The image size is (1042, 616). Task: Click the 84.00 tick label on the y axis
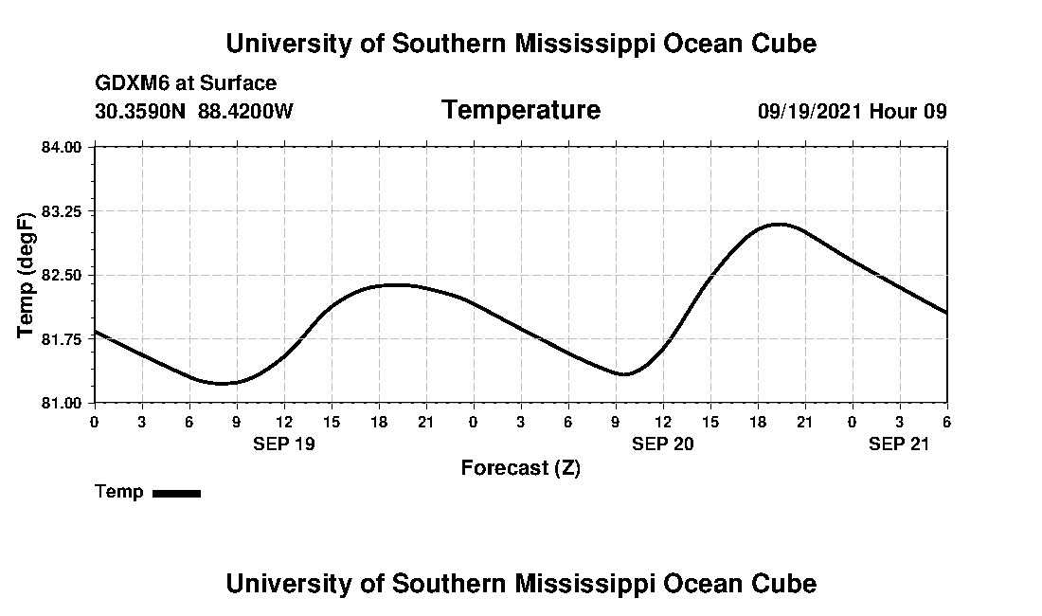63,147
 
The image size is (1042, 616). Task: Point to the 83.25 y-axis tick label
63,210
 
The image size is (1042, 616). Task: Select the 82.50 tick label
63,275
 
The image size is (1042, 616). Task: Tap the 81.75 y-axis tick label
63,338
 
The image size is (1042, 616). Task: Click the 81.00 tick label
63,403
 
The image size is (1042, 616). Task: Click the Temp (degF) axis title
27,275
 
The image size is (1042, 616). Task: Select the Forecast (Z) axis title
520,467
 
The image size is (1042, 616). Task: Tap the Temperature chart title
520,110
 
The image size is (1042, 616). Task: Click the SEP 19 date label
283,443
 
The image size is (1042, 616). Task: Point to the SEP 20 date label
663,443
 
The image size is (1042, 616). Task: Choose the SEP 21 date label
900,443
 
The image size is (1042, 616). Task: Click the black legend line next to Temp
176,493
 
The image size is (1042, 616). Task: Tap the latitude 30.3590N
141,111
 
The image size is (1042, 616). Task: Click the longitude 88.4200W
246,111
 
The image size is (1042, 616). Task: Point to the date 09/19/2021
809,111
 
